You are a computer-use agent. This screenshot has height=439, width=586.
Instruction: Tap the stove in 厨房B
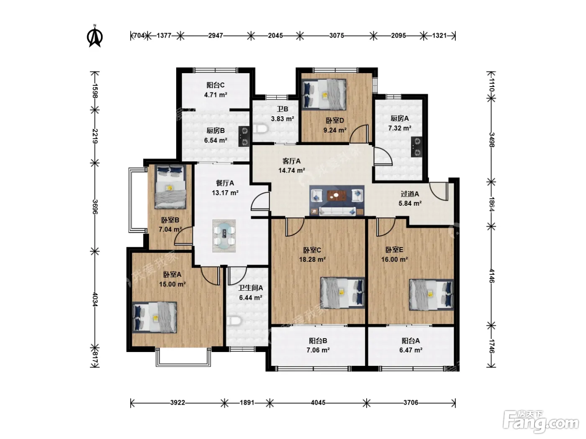244,136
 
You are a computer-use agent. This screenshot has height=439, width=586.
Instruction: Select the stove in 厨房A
416,147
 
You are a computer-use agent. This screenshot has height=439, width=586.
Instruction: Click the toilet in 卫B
261,128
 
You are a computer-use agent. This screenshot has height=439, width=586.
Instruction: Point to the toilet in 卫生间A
234,321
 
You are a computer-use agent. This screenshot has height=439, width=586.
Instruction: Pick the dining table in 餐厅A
224,236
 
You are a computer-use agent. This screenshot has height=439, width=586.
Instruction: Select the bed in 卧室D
324,94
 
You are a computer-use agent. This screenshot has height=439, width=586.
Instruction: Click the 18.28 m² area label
312,259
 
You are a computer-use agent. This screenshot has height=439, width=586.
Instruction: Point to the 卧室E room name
394,250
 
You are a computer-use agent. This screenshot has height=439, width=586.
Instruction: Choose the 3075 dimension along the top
337,36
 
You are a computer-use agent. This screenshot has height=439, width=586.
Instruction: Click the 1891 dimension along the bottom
247,403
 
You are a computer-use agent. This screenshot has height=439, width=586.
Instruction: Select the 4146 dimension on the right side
491,276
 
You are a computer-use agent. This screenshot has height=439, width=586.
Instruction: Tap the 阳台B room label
318,341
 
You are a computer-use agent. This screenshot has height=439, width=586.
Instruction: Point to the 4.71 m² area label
216,95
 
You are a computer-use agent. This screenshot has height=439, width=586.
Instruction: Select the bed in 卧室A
154,317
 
